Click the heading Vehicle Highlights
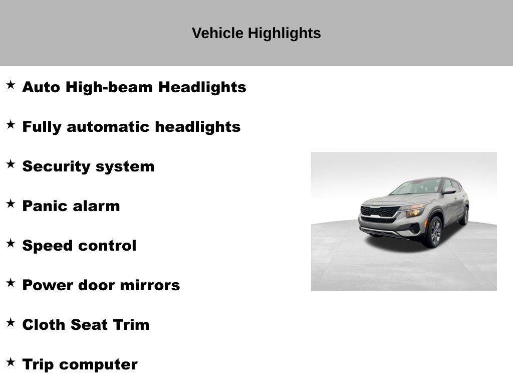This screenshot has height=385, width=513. tap(256, 34)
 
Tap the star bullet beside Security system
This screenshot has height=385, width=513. tap(11, 164)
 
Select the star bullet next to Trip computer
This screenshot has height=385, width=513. tap(11, 362)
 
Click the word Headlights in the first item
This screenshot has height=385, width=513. tap(202, 87)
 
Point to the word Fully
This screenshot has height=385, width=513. tap(42, 127)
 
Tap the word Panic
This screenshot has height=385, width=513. tap(44, 206)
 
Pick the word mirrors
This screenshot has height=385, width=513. tap(150, 285)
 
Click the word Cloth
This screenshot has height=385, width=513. tap(44, 325)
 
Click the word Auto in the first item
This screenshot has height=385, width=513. tap(41, 87)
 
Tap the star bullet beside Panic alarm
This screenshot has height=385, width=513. tap(11, 204)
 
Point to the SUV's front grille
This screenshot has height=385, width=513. tap(380, 212)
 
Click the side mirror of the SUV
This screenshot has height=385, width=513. tap(449, 190)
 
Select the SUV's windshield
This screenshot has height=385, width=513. tap(416, 186)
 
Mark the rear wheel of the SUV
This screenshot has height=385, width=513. tap(464, 216)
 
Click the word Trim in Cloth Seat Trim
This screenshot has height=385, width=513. tap(131, 325)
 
